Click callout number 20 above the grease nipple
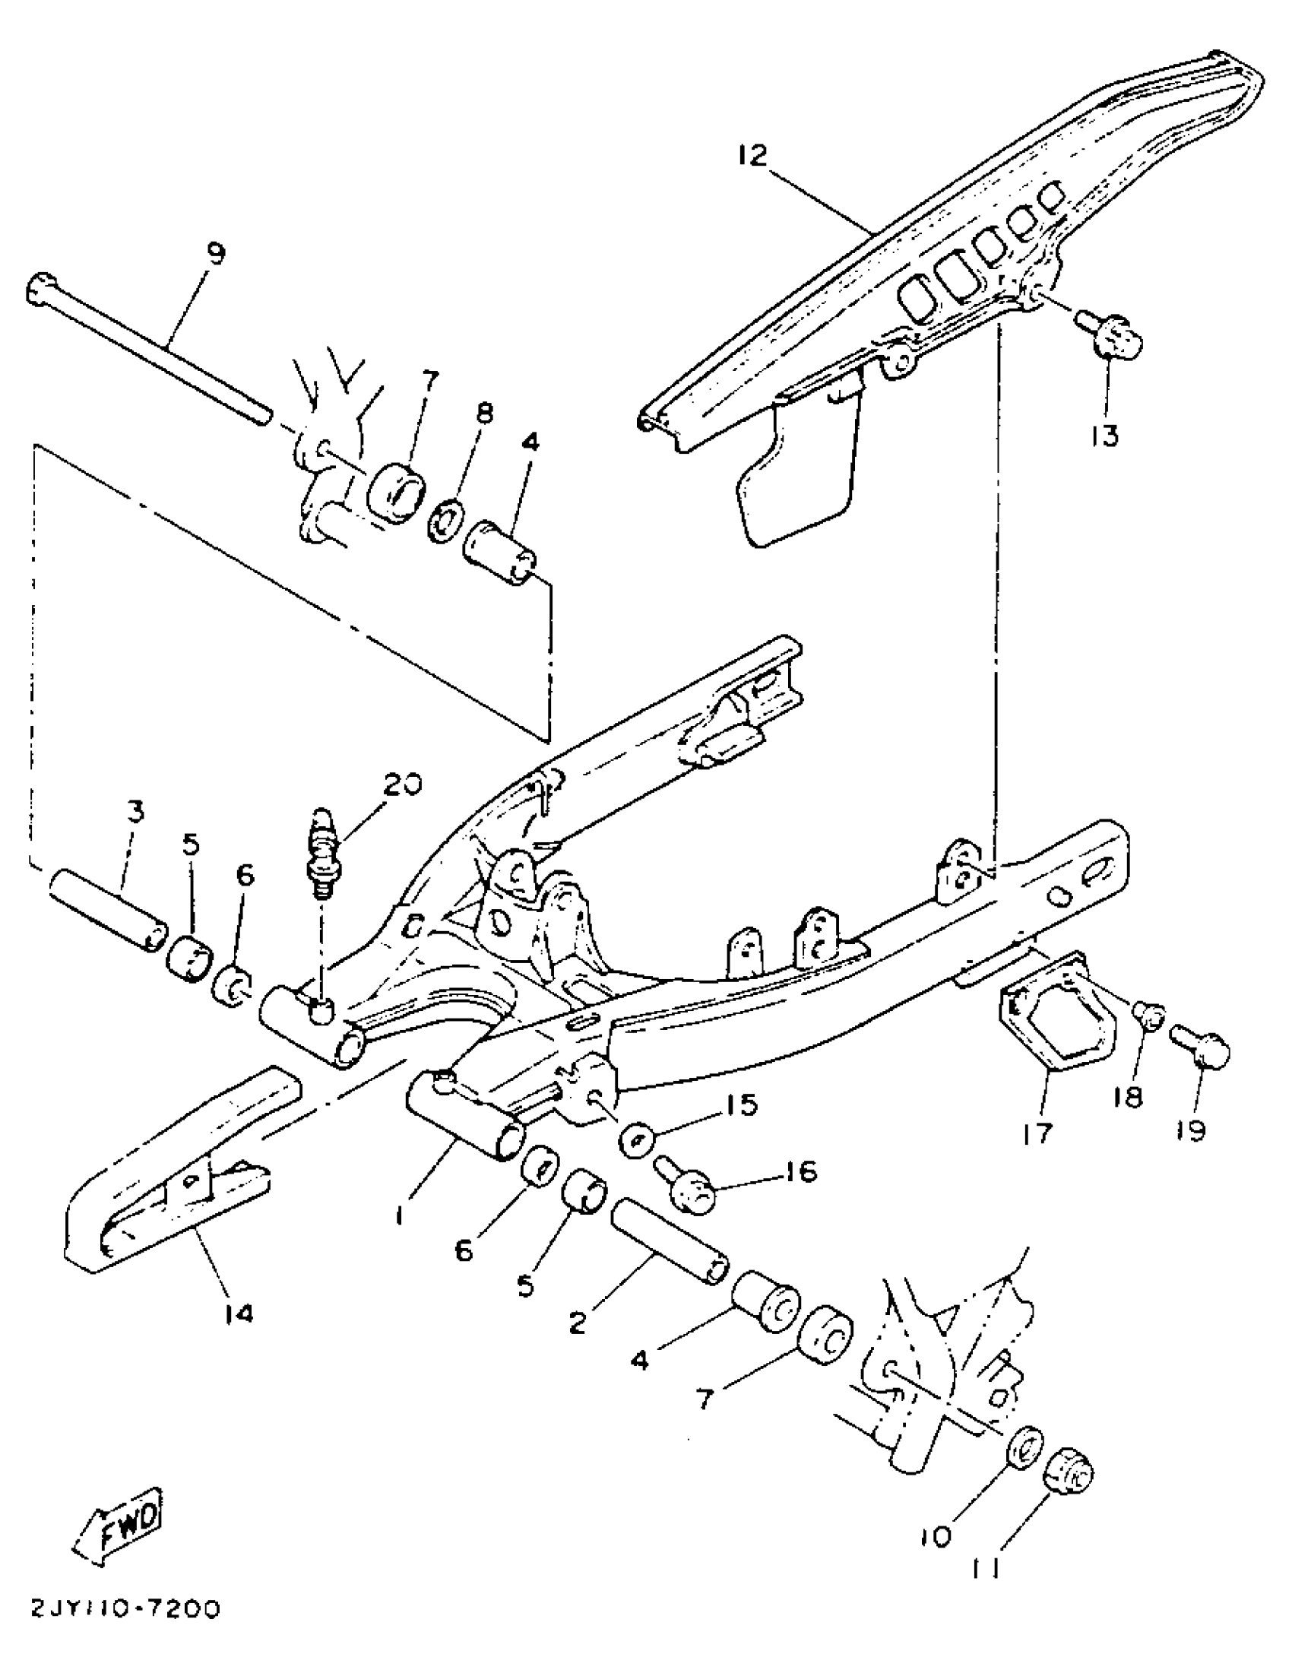[402, 785]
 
